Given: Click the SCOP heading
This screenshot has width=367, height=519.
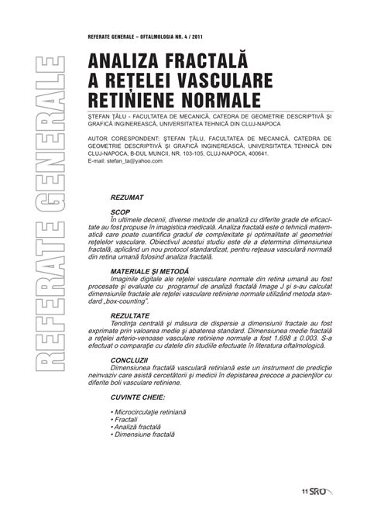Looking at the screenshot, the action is pyautogui.click(x=120, y=211).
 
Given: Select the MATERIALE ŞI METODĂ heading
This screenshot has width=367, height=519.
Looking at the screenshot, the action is pyautogui.click(x=152, y=272).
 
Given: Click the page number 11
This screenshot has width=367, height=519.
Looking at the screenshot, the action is pyautogui.click(x=306, y=491).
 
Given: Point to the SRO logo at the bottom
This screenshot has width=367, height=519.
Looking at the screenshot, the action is pyautogui.click(x=323, y=491).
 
